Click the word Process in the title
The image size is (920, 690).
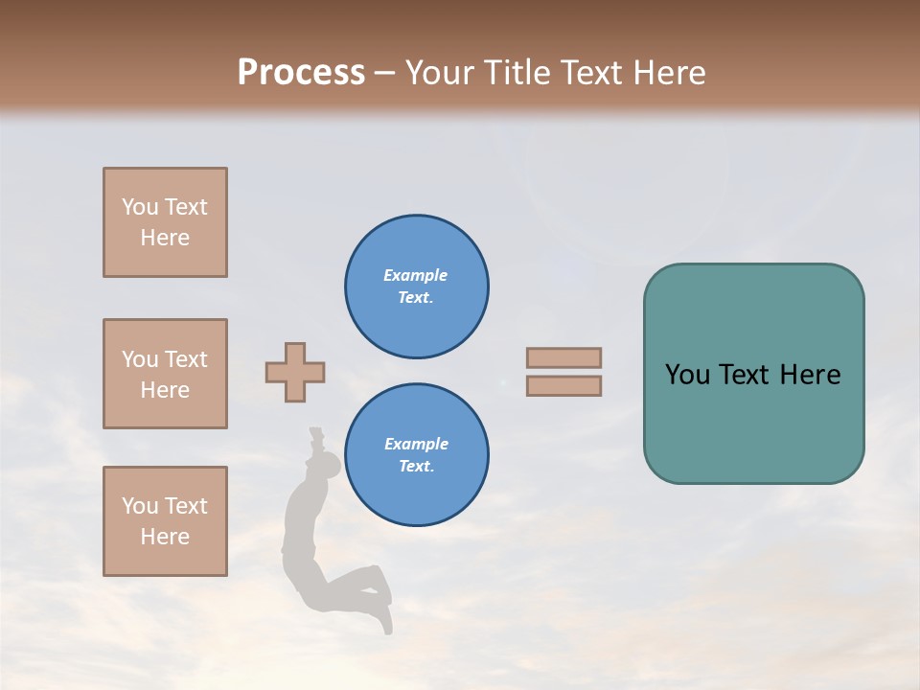point(301,73)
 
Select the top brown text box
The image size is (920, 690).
point(165,222)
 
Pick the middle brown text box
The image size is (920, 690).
point(165,374)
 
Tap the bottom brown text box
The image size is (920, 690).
point(165,521)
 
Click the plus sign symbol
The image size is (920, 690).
point(295,372)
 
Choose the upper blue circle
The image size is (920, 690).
point(417,287)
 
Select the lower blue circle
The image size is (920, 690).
point(417,455)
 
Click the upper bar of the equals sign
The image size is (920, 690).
point(563,357)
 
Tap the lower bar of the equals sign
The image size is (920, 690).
point(563,385)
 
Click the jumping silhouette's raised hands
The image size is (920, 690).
point(314,437)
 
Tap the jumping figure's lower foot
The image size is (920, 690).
point(385,623)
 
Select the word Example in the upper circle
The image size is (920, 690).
point(416,275)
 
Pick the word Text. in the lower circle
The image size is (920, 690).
point(416,467)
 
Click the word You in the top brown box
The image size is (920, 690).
point(140,207)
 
